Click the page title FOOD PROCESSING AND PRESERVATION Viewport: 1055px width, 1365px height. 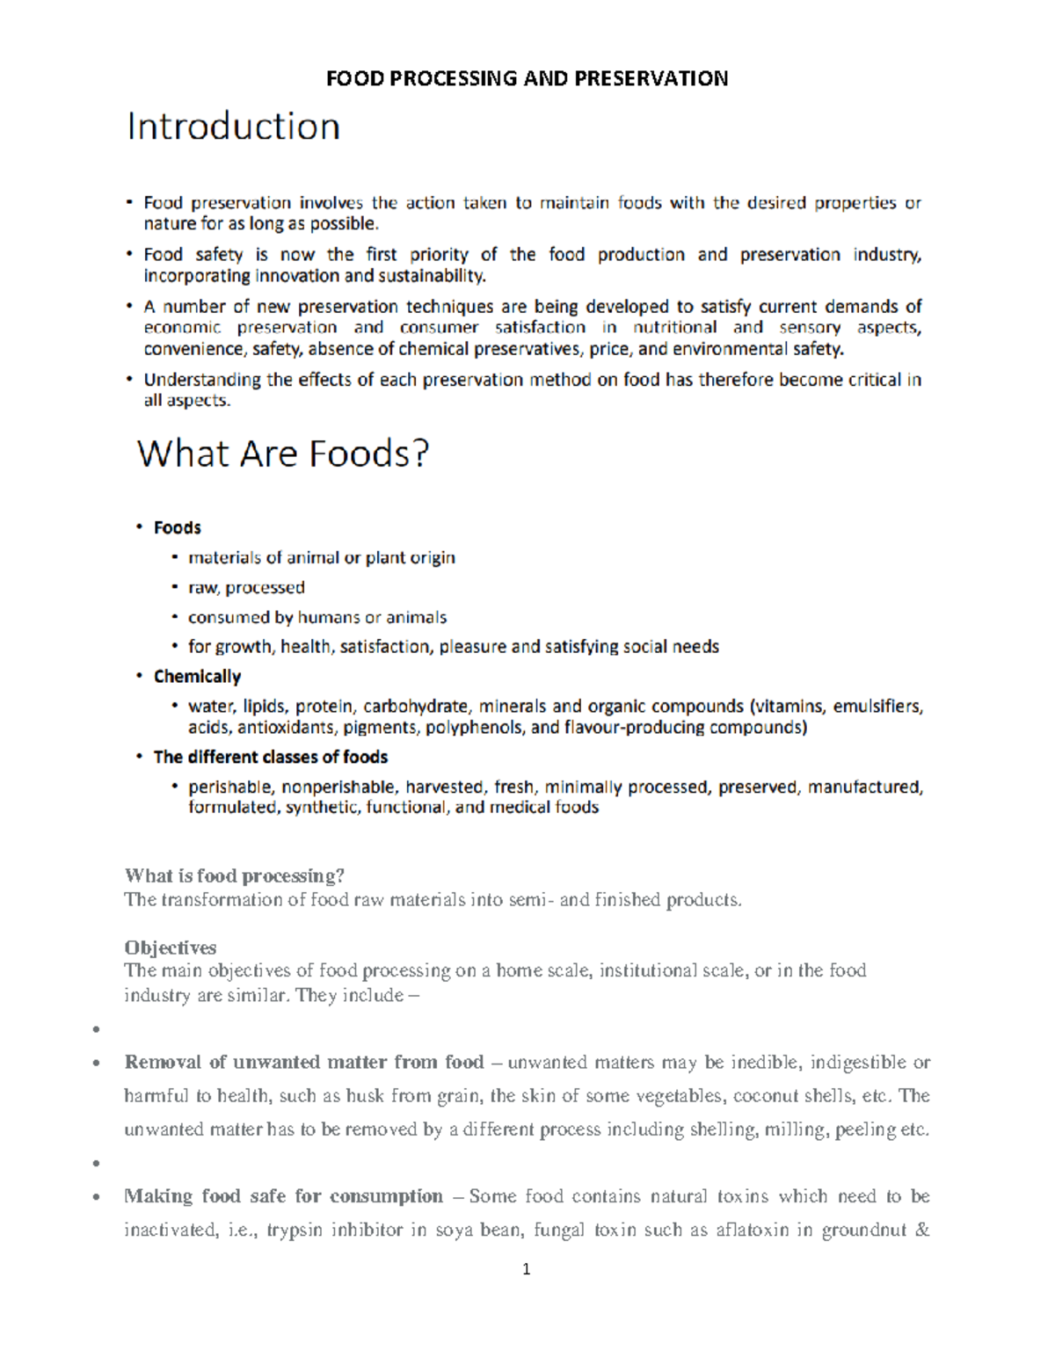tap(527, 79)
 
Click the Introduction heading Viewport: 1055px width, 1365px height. tap(233, 127)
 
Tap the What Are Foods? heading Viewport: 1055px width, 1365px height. tap(282, 454)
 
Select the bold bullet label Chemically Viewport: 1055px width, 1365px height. tap(197, 677)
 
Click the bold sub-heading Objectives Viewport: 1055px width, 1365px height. tap(170, 948)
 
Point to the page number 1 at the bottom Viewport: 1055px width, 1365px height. tap(526, 1269)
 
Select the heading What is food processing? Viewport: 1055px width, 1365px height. tap(234, 875)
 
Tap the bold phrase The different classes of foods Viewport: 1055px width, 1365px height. tap(270, 758)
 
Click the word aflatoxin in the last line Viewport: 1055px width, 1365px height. tap(752, 1230)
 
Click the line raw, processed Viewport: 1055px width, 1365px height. tap(246, 588)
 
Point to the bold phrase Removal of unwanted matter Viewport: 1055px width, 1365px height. tap(255, 1063)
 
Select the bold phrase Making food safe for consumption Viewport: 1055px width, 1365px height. tap(283, 1196)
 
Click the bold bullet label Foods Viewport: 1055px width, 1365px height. tap(177, 528)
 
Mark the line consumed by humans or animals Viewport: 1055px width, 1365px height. tap(316, 618)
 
